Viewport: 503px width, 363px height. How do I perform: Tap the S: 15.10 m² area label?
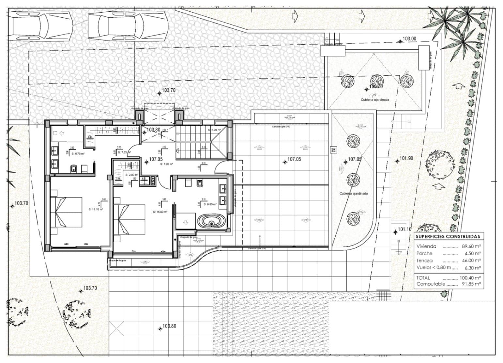point(96,209)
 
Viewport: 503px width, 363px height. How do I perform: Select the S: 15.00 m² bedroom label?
point(160,212)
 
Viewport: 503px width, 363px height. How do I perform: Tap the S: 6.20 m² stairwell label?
point(214,130)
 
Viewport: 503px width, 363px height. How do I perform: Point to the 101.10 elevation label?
point(404,229)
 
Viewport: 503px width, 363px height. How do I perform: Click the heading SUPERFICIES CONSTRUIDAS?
point(448,236)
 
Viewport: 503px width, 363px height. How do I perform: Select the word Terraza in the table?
point(424,260)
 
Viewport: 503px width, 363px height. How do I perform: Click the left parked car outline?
point(41,24)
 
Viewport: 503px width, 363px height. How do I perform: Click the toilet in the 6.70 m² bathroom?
point(74,168)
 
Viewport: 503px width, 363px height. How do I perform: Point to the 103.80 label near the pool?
point(169,326)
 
